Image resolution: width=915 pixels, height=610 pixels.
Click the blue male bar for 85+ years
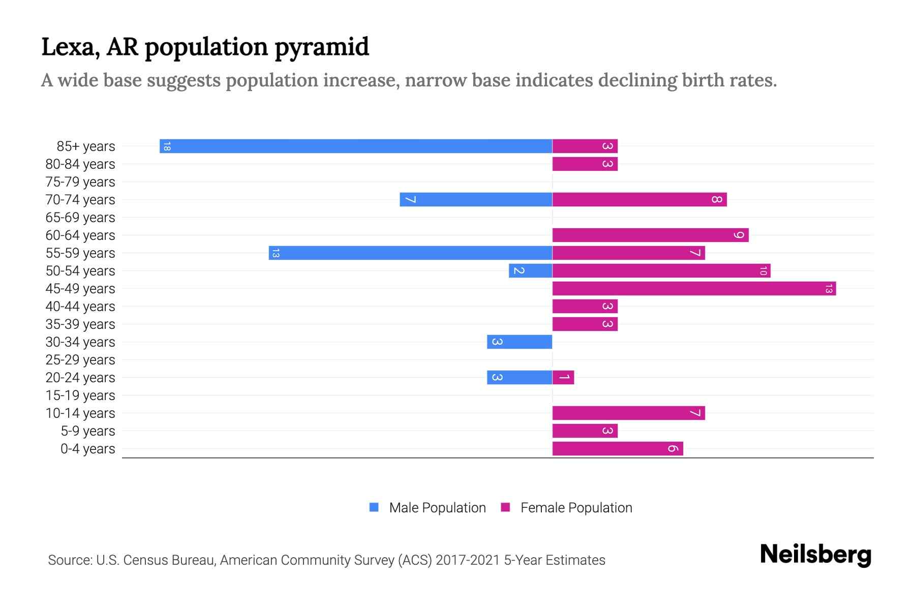pos(356,146)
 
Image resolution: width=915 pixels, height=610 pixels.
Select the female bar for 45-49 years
pos(694,289)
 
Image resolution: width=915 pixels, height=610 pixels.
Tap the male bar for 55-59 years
pos(411,253)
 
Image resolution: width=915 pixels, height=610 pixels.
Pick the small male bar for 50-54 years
pos(530,271)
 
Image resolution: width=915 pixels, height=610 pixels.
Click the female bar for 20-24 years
pos(563,378)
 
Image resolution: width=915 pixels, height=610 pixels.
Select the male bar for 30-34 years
pos(520,342)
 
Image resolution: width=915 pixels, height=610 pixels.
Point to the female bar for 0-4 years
pos(618,449)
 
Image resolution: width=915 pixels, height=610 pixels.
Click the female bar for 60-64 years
pos(650,235)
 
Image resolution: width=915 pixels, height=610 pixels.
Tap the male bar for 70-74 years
pos(476,200)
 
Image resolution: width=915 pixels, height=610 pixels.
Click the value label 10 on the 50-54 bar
pos(763,271)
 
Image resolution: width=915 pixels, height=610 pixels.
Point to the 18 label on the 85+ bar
pos(167,146)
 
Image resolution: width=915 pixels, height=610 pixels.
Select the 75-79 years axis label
pos(80,182)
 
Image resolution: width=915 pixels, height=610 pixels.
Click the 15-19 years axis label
pos(80,395)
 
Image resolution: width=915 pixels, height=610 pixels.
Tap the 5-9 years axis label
pos(87,431)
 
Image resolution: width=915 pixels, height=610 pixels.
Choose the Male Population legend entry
pos(437,508)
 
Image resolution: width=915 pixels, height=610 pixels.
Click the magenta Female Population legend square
pos(505,507)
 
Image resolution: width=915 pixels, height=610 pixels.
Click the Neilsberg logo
pos(815,555)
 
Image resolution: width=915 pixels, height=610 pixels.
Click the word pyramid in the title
pos(322,47)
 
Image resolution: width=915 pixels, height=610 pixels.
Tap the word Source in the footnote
pos(70,560)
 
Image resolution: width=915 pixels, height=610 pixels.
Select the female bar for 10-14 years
pos(628,413)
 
